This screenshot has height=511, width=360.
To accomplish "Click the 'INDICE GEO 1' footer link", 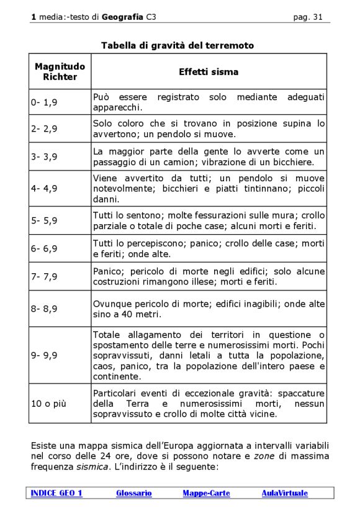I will click(x=57, y=493).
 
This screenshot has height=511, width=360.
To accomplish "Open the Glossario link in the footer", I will click(x=133, y=493).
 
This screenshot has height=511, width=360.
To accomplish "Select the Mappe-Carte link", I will click(x=206, y=493).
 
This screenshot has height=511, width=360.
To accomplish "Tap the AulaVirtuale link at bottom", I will click(x=284, y=493).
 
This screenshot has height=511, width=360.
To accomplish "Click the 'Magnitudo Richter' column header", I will click(x=60, y=71).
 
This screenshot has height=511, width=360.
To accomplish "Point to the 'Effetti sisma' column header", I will click(x=209, y=72).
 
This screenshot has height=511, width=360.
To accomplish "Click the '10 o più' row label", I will click(x=48, y=404).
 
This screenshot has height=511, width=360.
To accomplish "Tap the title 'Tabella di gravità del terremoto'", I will click(x=178, y=45).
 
